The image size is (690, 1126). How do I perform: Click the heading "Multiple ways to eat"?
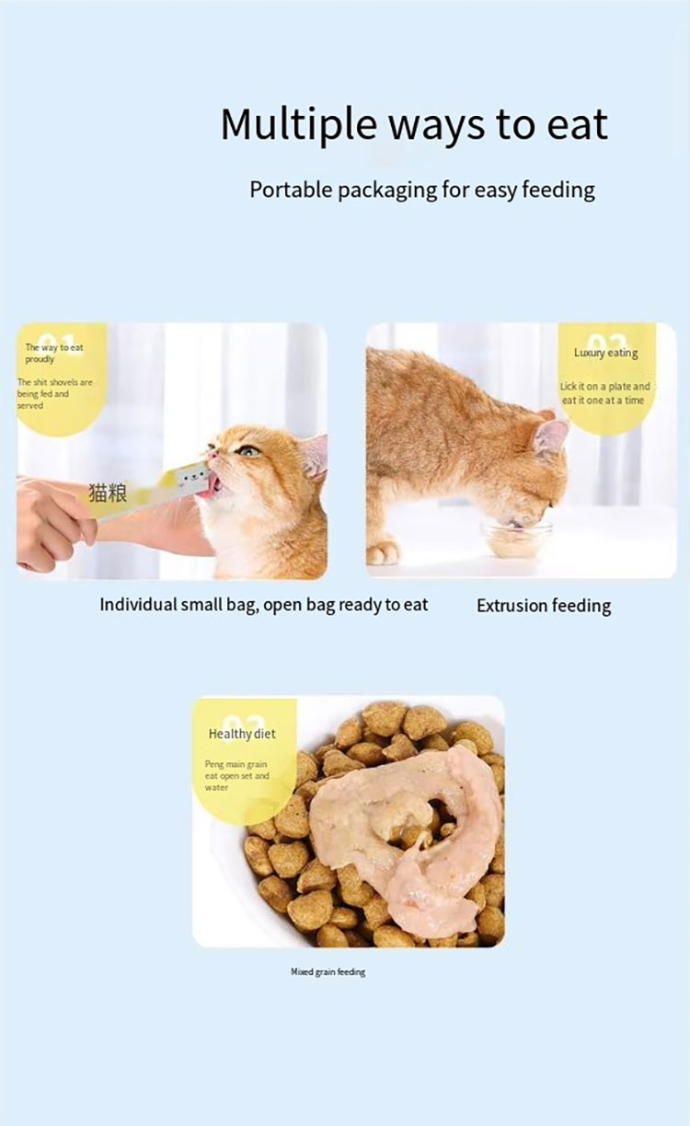coord(414,124)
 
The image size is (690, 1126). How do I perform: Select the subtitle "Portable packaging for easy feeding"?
coord(422,190)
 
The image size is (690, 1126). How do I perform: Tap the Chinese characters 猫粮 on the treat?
coord(107,493)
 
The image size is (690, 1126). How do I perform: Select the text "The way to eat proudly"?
coord(53,353)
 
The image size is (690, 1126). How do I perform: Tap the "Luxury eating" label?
coord(605,353)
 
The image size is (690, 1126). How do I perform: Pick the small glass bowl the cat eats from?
coord(515,539)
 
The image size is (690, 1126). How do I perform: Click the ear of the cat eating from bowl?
coord(550,437)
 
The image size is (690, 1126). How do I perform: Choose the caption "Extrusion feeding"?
coord(543,606)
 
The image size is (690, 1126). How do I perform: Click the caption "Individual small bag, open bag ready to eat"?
coord(263,605)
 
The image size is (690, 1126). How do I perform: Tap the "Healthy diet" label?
coord(242,734)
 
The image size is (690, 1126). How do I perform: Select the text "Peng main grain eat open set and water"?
coord(236,775)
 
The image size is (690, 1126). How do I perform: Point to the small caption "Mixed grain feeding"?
coord(328,972)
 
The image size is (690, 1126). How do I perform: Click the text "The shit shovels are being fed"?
coord(54,388)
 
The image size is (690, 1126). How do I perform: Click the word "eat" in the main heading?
coord(576,124)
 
